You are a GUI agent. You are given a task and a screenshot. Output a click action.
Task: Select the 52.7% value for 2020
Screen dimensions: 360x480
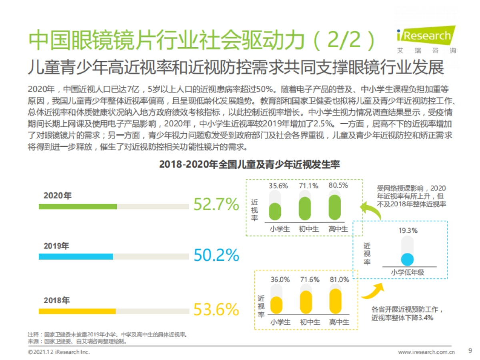click(x=216, y=205)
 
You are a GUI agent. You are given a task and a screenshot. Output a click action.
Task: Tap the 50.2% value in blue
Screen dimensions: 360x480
click(x=216, y=255)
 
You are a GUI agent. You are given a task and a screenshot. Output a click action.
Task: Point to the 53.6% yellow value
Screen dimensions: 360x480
click(x=216, y=309)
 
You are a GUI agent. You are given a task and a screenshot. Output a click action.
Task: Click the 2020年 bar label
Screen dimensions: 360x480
click(x=58, y=196)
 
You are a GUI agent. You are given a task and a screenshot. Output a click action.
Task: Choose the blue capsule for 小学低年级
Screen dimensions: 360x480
click(x=407, y=260)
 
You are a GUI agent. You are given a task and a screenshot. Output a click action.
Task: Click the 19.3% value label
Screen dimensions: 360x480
click(x=408, y=230)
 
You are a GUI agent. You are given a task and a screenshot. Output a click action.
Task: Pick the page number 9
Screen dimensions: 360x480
click(x=470, y=351)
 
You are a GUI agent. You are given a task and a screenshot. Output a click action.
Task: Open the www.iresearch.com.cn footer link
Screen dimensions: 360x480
click(x=426, y=352)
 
